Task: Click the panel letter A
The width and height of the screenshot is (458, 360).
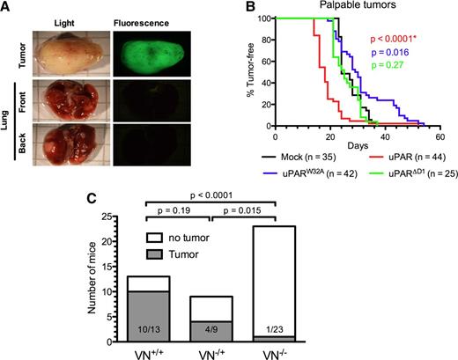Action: tap(7, 9)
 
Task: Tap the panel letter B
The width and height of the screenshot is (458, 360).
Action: tap(239, 9)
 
